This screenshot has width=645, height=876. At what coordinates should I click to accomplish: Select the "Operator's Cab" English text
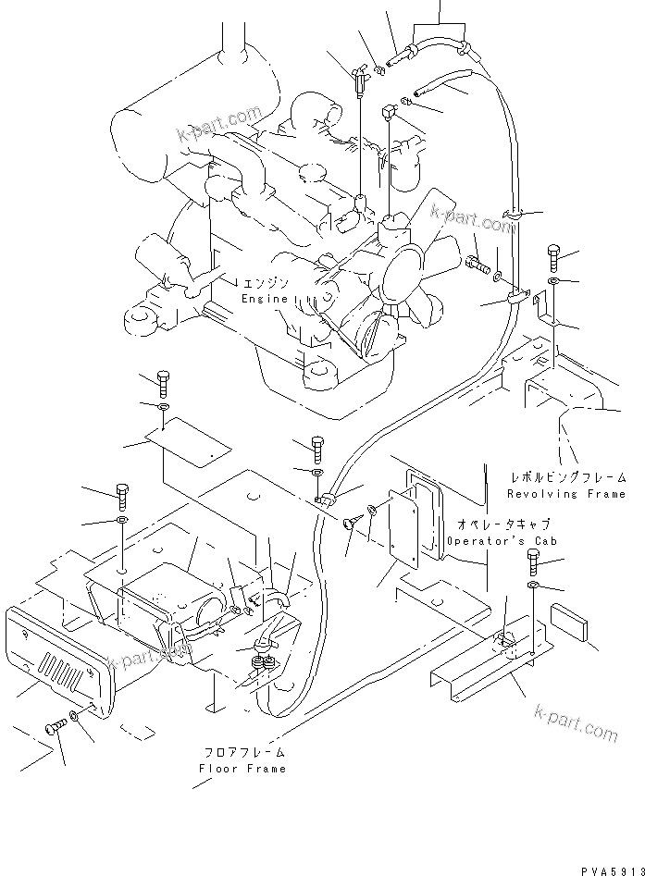click(490, 540)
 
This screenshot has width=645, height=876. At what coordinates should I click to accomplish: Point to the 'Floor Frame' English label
click(243, 768)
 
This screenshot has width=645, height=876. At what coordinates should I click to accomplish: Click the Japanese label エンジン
click(265, 283)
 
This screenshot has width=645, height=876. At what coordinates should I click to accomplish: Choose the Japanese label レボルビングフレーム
click(567, 478)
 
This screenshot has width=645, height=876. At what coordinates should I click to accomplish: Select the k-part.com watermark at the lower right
click(575, 722)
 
